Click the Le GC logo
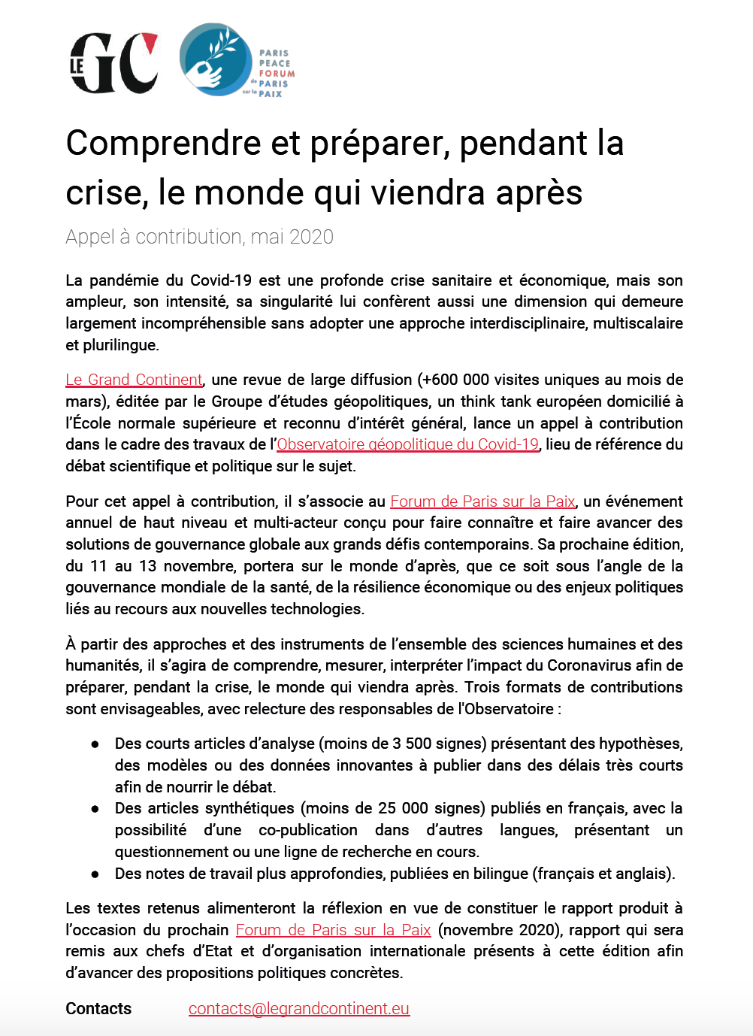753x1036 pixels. [x=114, y=62]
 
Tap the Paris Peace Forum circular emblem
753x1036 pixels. [x=216, y=59]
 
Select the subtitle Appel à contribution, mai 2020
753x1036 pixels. [x=199, y=237]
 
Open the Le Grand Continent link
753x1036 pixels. [x=134, y=380]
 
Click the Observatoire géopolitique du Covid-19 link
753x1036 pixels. [x=407, y=444]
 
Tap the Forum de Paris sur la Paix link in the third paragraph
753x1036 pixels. [x=482, y=501]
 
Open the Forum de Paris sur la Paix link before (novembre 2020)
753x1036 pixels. [x=333, y=930]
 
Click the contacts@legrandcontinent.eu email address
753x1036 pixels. [x=299, y=1009]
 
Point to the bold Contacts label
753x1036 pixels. [x=98, y=1009]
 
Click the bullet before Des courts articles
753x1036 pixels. [x=95, y=744]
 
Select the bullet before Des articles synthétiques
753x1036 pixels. [x=95, y=809]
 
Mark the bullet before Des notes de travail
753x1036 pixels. [x=95, y=874]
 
